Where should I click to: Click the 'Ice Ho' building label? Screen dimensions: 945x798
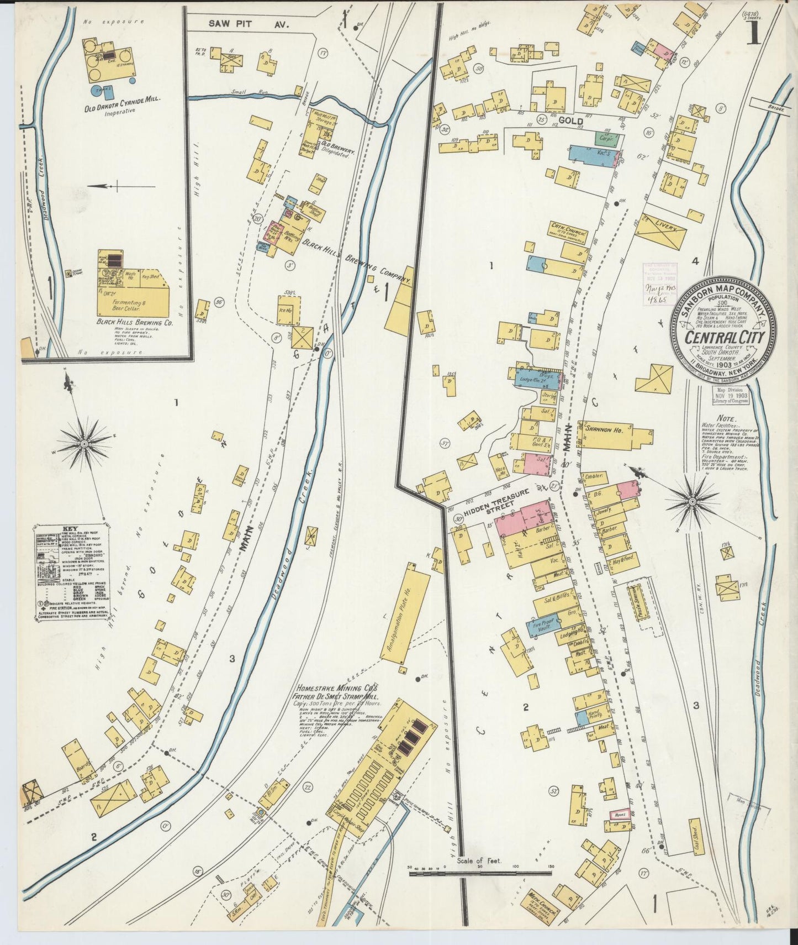(286, 311)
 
